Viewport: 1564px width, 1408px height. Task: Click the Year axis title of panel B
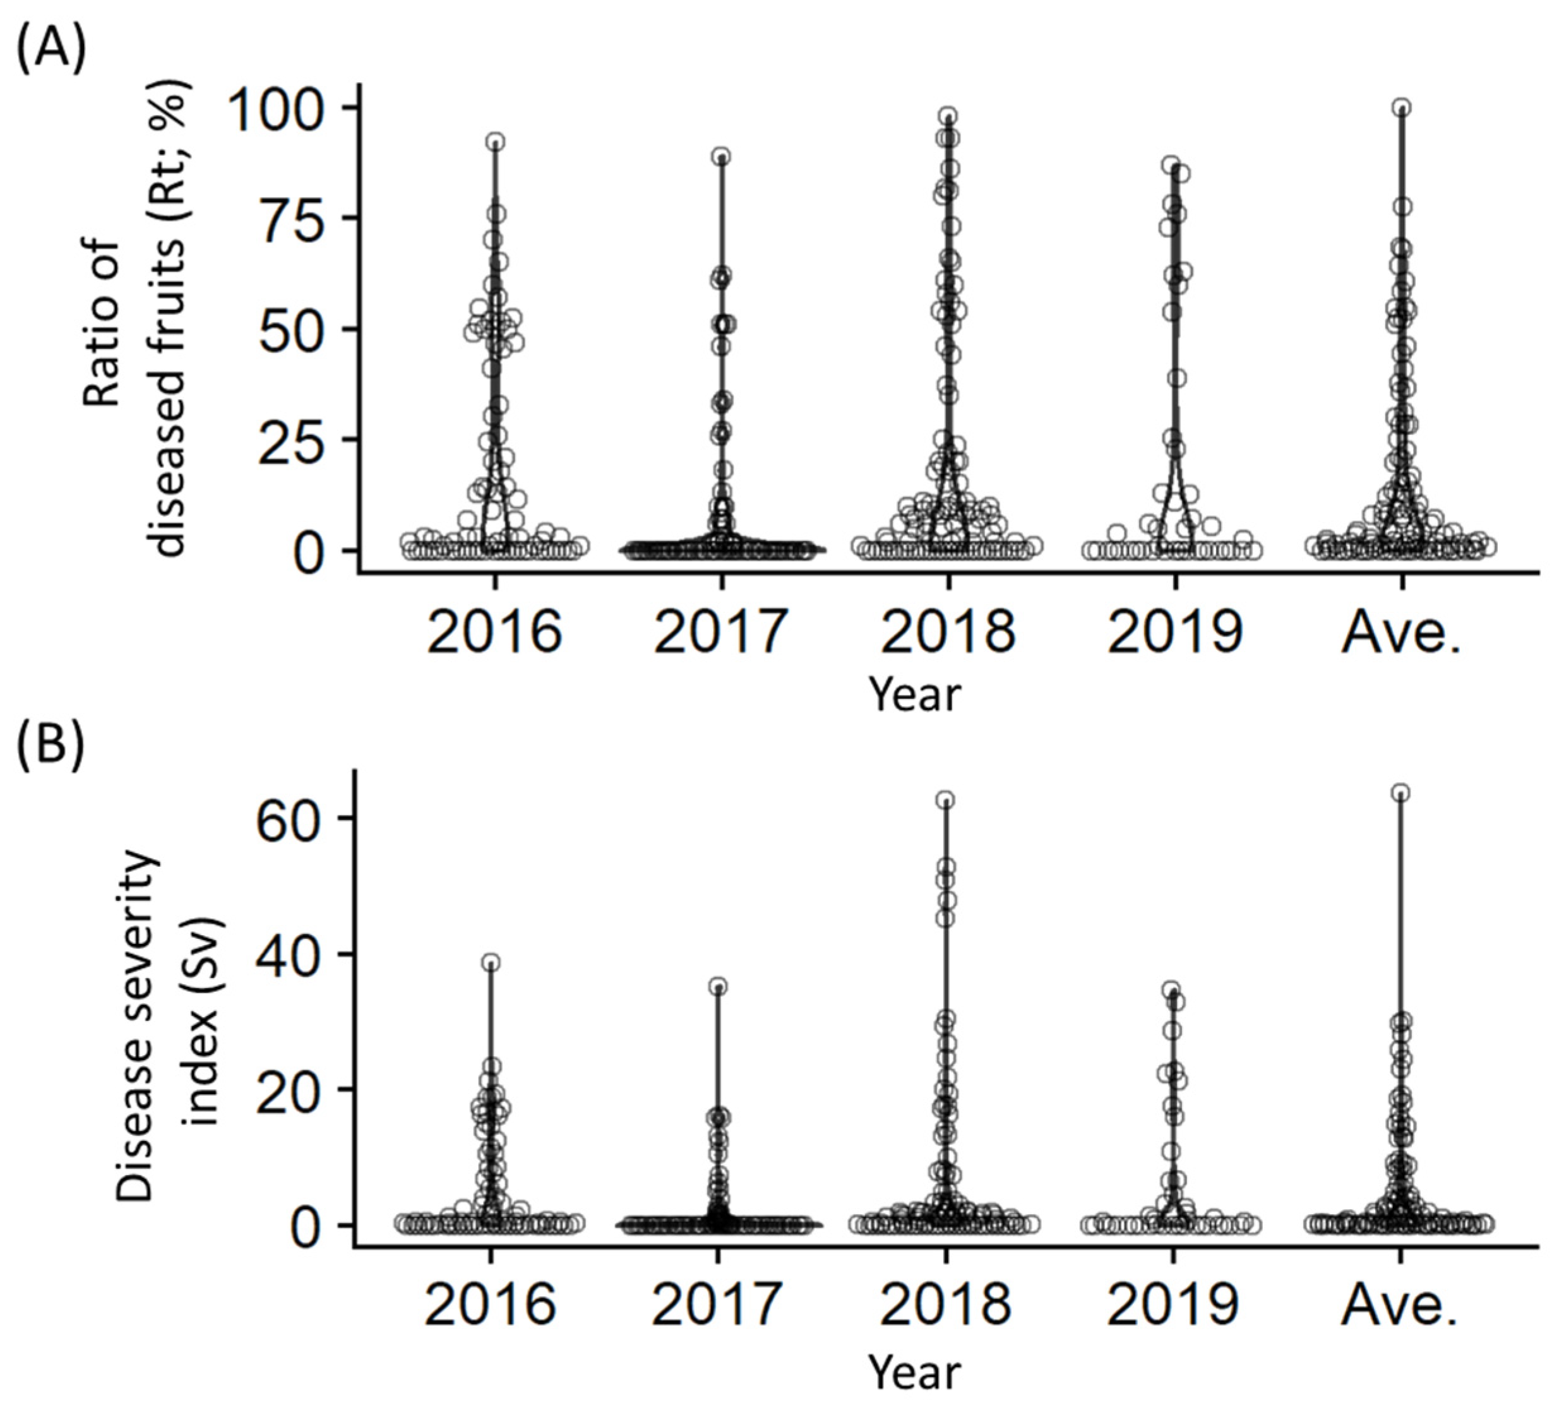[x=914, y=1373]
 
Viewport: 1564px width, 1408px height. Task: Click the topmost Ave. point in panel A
[x=1402, y=107]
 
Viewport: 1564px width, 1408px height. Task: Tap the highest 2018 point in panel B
[x=945, y=799]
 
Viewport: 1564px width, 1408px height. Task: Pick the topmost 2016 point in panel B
[x=491, y=963]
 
